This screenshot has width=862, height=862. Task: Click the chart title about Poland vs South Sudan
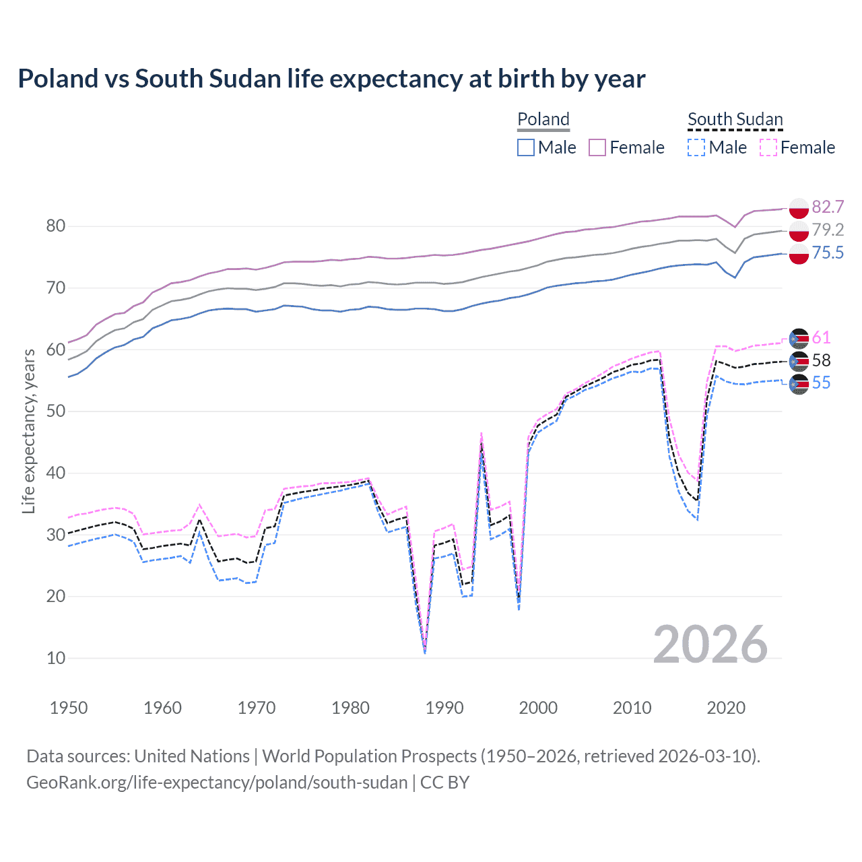[x=331, y=79]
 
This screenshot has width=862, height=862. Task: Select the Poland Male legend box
[x=526, y=147]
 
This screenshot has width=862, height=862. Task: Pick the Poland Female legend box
[x=597, y=147]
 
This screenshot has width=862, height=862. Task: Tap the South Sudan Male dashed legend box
[x=696, y=147]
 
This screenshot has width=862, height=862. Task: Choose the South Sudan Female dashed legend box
[x=768, y=147]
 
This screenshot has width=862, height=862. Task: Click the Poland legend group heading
[x=543, y=119]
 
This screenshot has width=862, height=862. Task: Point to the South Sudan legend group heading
[x=735, y=119]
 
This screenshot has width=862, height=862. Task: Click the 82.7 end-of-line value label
[x=828, y=207]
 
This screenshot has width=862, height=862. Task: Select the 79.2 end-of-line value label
[x=828, y=230]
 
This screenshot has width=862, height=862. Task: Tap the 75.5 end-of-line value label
[x=828, y=253]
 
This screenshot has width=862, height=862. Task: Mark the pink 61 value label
[x=821, y=337]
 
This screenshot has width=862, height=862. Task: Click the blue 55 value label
[x=821, y=383]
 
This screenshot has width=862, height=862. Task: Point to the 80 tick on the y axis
[x=56, y=226]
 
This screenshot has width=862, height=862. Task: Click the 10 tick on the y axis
[x=56, y=658]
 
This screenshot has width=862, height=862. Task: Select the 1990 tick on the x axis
[x=444, y=708]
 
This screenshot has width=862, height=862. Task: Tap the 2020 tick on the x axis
[x=726, y=708]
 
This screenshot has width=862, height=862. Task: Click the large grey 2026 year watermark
[x=710, y=644]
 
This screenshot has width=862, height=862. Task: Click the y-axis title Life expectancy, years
[x=28, y=431]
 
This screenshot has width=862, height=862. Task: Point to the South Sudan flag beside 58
[x=799, y=361]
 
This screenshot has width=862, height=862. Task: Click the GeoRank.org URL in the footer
[x=217, y=783]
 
